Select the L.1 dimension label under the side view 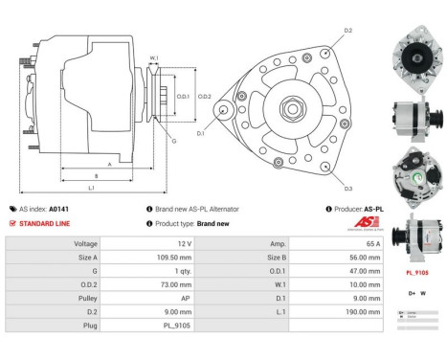(x=91, y=187)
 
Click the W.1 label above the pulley (x=153, y=58)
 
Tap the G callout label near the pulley (x=174, y=141)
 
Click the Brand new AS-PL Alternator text (x=196, y=209)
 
